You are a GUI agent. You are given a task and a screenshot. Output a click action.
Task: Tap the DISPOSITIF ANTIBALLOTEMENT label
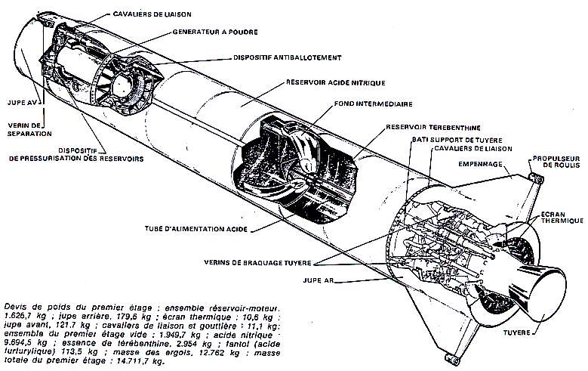(x=279, y=57)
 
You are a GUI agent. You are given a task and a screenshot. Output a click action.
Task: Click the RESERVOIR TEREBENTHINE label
(x=433, y=128)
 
